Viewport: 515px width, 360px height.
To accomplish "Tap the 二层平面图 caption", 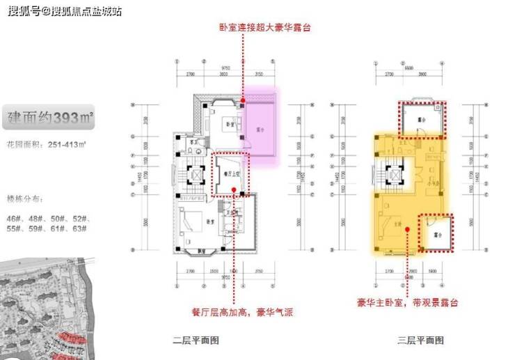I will coord(196,341).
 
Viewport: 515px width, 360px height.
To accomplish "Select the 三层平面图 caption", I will coord(420,341).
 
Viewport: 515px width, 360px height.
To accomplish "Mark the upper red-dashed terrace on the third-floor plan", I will coord(421,119).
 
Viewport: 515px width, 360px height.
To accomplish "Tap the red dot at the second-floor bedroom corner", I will coord(241,100).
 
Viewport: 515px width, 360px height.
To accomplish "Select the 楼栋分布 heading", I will coord(24,197).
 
